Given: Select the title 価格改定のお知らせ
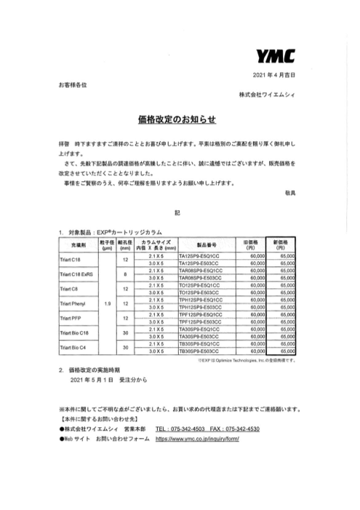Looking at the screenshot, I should coord(179,118).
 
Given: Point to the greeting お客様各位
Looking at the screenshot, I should coord(73,86).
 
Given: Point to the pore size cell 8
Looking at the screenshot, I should coord(126,274).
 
